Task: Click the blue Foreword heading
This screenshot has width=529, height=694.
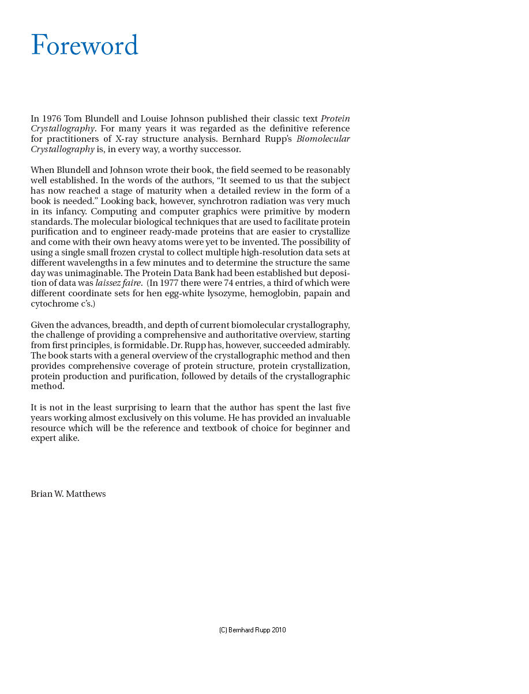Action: point(84,46)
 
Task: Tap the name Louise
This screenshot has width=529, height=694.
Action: point(167,119)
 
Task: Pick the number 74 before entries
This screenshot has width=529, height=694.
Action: point(230,284)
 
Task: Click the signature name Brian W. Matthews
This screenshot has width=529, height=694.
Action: point(68,494)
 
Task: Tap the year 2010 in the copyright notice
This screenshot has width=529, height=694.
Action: point(278,630)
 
